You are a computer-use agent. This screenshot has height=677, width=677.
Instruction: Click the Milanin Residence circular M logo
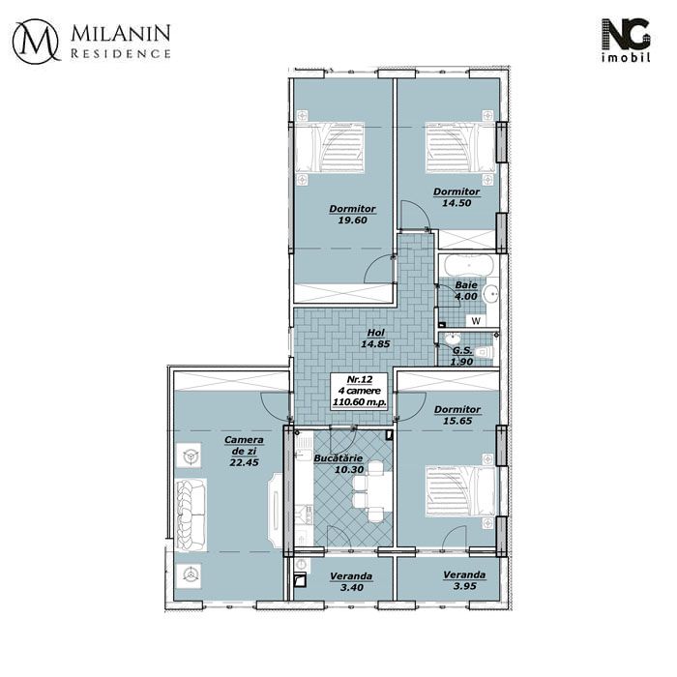[x=36, y=42]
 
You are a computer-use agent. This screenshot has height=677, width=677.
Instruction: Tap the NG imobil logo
[x=626, y=41]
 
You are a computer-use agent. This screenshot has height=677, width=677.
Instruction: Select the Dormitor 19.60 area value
[x=352, y=221]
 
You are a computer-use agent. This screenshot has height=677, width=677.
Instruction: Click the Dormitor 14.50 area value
[x=456, y=203]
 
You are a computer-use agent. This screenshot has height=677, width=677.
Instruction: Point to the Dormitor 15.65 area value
[x=457, y=421]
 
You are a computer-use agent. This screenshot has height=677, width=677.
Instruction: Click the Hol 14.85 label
[x=375, y=338]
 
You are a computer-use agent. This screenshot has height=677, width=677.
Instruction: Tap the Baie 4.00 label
[x=466, y=291]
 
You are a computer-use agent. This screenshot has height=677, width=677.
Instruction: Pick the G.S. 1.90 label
[x=462, y=356]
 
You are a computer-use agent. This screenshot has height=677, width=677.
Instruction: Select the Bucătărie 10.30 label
[x=338, y=463]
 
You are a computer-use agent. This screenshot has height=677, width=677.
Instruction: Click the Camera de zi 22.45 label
[x=244, y=452]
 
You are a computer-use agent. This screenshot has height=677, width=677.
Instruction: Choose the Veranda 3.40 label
[x=351, y=581]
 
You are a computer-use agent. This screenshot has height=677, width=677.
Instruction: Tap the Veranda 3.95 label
[x=464, y=580]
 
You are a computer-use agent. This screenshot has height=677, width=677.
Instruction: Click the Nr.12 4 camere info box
[x=359, y=391]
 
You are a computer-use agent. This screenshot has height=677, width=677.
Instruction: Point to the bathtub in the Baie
[x=468, y=266]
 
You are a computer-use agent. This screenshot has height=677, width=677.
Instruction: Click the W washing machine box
[x=476, y=321]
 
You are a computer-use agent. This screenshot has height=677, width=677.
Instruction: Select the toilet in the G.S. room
[x=485, y=352]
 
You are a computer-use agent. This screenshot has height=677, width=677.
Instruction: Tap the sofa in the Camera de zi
[x=191, y=515]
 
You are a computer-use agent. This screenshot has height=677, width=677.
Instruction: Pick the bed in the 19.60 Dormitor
[x=330, y=148]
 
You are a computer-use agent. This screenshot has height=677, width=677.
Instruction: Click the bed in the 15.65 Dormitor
[x=460, y=491]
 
